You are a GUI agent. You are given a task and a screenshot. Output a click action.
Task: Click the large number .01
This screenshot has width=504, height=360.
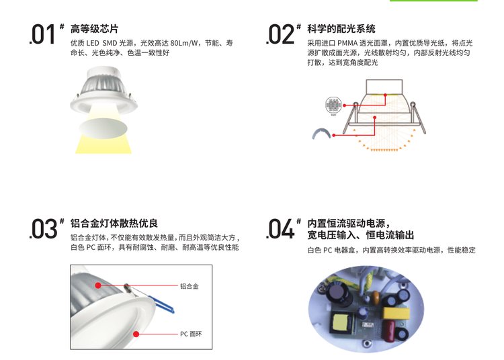pyautogui.click(x=42, y=34)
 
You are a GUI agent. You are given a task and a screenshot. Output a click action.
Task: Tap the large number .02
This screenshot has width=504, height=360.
pyautogui.click(x=280, y=34)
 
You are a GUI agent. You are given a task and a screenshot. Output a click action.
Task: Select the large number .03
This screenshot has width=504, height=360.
pyautogui.click(x=43, y=228)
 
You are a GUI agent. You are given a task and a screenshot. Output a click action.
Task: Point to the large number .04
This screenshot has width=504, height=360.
pyautogui.click(x=280, y=228)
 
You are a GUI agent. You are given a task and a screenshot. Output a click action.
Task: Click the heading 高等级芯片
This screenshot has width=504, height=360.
pyautogui.click(x=95, y=29)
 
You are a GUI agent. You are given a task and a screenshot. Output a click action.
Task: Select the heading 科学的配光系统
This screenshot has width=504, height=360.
pyautogui.click(x=341, y=29)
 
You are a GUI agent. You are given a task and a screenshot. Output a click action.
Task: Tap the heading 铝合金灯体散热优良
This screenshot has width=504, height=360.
pyautogui.click(x=114, y=223)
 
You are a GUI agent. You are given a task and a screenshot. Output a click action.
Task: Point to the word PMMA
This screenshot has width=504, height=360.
pyautogui.click(x=347, y=43)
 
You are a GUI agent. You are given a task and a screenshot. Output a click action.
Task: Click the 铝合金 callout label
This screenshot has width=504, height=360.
pyautogui.click(x=189, y=286)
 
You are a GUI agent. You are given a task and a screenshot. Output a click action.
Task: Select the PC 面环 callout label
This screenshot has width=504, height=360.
pyautogui.click(x=191, y=334)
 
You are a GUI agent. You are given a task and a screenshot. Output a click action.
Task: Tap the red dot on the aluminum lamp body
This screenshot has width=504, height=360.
pyautogui.click(x=98, y=285)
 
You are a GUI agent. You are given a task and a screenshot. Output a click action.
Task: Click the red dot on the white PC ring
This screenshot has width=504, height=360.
pyautogui.click(x=136, y=334)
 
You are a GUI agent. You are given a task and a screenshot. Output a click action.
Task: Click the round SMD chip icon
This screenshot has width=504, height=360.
pyautogui.click(x=333, y=105)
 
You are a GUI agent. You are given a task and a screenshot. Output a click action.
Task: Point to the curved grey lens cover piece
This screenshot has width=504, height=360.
pyautogui.click(x=321, y=132)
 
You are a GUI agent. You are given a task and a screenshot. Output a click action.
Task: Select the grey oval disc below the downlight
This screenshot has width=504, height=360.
pyautogui.click(x=103, y=128)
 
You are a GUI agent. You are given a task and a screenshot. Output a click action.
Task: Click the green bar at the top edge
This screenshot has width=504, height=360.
pyautogui.click(x=433, y=1)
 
